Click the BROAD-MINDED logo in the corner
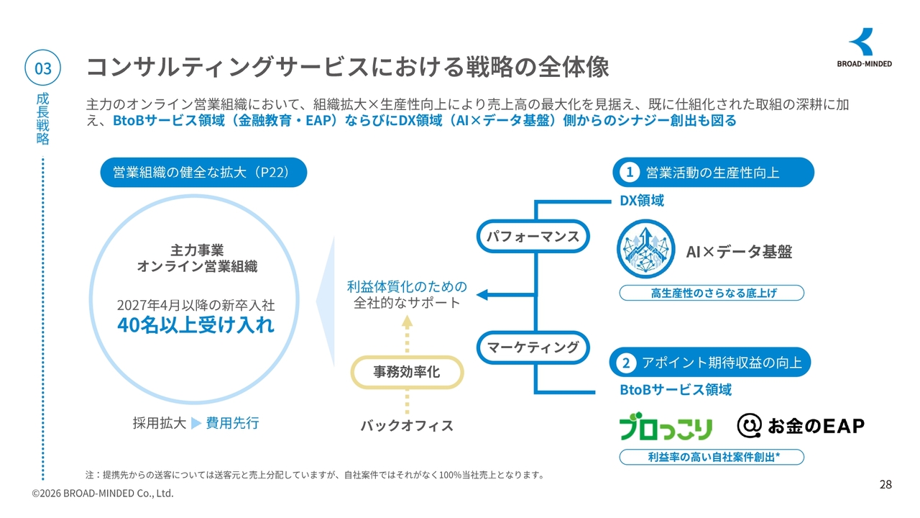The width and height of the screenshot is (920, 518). pyautogui.click(x=864, y=47)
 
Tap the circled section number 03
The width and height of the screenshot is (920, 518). pyautogui.click(x=42, y=68)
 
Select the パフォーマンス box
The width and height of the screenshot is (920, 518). pyautogui.click(x=533, y=237)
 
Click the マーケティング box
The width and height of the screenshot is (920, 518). pyautogui.click(x=533, y=347)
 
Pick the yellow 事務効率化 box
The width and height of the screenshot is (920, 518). pyautogui.click(x=407, y=372)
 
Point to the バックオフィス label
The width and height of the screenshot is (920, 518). pyautogui.click(x=407, y=425)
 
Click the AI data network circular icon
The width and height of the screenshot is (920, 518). pyautogui.click(x=645, y=249)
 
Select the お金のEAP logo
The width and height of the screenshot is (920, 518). pyautogui.click(x=801, y=425)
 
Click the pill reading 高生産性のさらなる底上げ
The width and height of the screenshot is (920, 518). pyautogui.click(x=712, y=293)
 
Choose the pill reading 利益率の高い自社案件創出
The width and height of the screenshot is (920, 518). pyautogui.click(x=712, y=457)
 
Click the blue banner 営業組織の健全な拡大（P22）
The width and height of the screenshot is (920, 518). pyautogui.click(x=203, y=172)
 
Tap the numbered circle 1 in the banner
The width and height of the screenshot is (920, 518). pyautogui.click(x=630, y=172)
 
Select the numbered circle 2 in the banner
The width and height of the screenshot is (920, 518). pyautogui.click(x=626, y=363)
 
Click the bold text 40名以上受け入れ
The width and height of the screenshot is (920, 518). pyautogui.click(x=195, y=324)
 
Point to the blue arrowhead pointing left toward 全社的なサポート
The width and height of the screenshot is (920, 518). pyautogui.click(x=482, y=294)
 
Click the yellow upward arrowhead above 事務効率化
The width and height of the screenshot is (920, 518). pyautogui.click(x=407, y=322)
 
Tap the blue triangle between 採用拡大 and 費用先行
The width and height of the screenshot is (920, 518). pyautogui.click(x=196, y=423)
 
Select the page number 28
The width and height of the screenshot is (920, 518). pyautogui.click(x=885, y=485)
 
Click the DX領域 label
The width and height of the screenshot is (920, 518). pyautogui.click(x=642, y=201)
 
